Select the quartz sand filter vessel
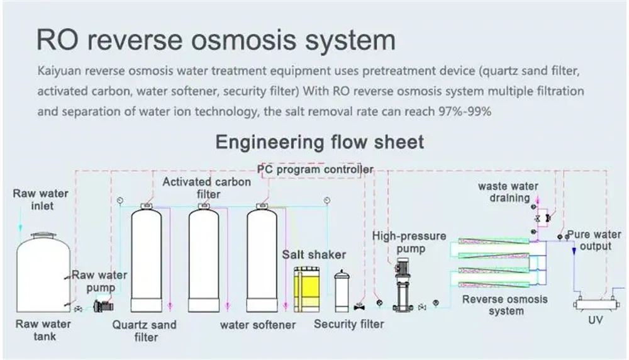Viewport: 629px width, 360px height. [x=147, y=259]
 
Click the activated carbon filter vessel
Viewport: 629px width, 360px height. [x=204, y=259]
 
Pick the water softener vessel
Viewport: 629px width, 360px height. [x=262, y=259]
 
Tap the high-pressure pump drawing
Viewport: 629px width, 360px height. [x=400, y=286]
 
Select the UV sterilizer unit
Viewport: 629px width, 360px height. [x=594, y=304]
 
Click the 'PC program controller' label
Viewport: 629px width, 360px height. [x=315, y=169]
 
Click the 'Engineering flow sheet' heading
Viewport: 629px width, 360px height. [x=320, y=141]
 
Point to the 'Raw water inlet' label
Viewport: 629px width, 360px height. [x=41, y=199]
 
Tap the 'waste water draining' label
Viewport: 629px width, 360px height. [x=508, y=192]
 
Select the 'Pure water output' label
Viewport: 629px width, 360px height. [x=594, y=240]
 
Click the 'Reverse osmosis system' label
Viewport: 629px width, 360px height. [x=505, y=305]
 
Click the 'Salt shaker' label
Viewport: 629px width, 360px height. [x=314, y=254]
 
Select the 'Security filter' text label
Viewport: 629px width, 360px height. [x=348, y=324]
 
